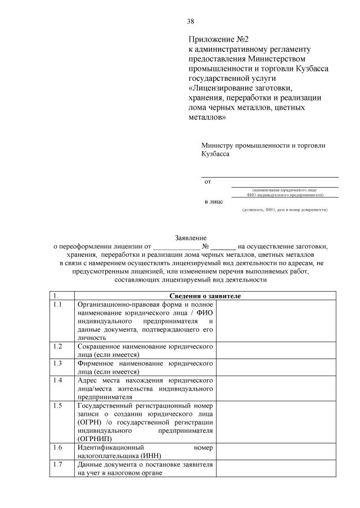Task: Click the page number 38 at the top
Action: pyautogui.click(x=190, y=21)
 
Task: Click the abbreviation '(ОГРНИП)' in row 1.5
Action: pyautogui.click(x=93, y=438)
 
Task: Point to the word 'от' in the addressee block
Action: pyautogui.click(x=208, y=182)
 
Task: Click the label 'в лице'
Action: pyautogui.click(x=213, y=201)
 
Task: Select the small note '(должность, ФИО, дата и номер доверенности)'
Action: pyautogui.click(x=285, y=210)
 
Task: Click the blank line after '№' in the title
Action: pyautogui.click(x=224, y=246)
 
